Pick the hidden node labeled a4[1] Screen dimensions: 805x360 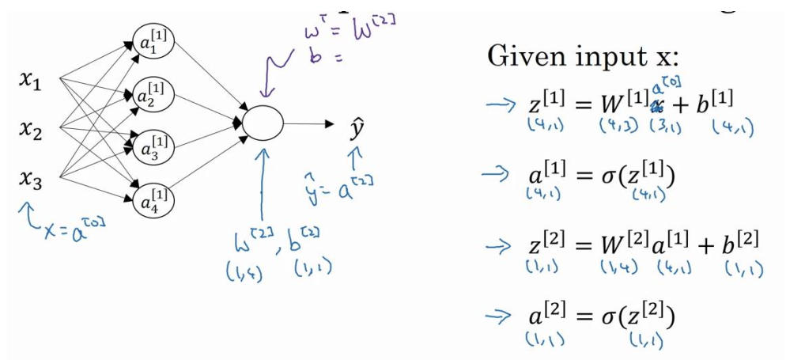click(x=155, y=201)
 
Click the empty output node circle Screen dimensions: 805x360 click(x=262, y=123)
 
